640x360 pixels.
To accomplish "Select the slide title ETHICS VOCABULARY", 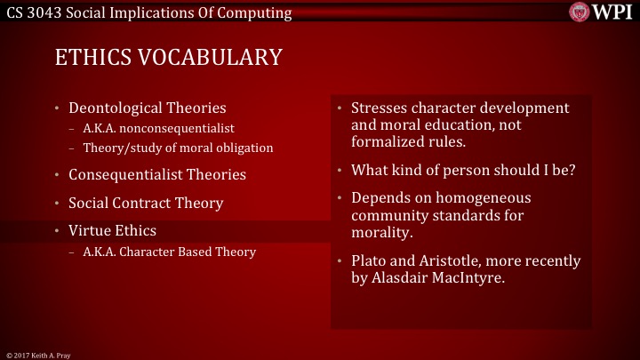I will pyautogui.click(x=168, y=58).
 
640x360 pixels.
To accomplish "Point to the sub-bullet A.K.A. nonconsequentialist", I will pyautogui.click(x=158, y=129).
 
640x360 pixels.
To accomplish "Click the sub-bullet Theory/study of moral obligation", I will pyautogui.click(x=178, y=147).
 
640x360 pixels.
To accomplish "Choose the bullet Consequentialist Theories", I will pyautogui.click(x=157, y=174).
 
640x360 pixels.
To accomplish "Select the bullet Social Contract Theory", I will pyautogui.click(x=146, y=203).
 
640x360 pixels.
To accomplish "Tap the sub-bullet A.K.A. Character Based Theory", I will pyautogui.click(x=169, y=252).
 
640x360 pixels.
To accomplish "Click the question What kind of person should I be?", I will pyautogui.click(x=463, y=169).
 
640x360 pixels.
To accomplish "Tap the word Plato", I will pyautogui.click(x=368, y=260).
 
